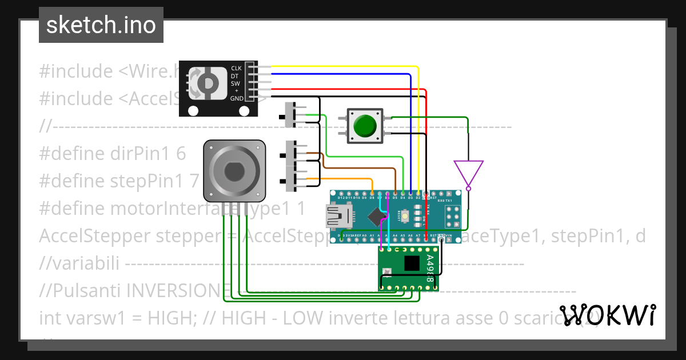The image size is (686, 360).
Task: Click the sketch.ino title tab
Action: (x=101, y=25)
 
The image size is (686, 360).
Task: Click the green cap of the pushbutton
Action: (x=365, y=125)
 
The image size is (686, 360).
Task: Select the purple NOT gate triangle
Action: (x=468, y=173)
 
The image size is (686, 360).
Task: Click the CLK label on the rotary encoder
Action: (x=236, y=68)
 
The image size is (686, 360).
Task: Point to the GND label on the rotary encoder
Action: (x=236, y=98)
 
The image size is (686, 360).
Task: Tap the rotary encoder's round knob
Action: (x=205, y=83)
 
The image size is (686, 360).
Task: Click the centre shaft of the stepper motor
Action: (x=234, y=171)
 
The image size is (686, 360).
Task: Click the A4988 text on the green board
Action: (x=430, y=269)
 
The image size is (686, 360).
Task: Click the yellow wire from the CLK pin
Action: (x=419, y=126)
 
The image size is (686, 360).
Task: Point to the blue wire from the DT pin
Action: (x=411, y=131)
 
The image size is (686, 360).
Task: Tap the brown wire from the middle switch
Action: (x=354, y=169)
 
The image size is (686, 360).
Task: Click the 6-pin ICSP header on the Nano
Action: (x=453, y=217)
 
